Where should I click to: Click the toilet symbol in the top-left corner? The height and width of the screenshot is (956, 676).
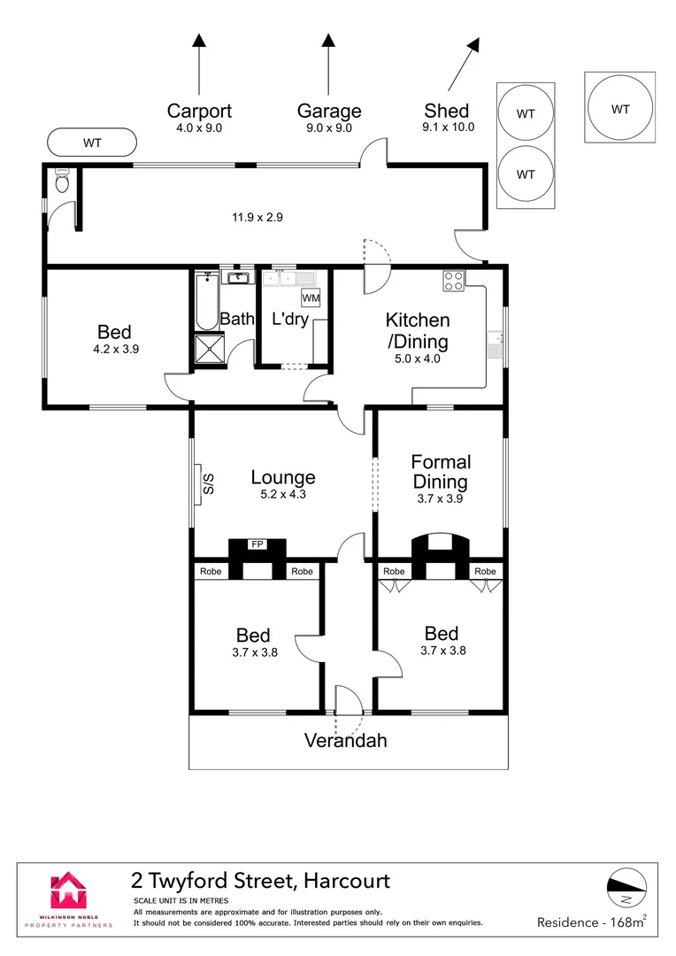click(x=62, y=181)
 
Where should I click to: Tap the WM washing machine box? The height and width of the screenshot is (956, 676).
click(x=311, y=298)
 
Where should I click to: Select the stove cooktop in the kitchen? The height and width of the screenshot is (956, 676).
click(x=454, y=281)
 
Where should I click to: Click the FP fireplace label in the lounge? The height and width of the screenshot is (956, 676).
click(x=257, y=544)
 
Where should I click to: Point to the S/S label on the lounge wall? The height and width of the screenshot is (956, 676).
click(x=209, y=484)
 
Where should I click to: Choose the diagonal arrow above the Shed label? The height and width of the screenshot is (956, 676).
click(x=464, y=64)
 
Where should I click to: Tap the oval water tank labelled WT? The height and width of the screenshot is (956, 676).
click(x=92, y=143)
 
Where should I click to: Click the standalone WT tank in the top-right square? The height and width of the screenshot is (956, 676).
click(x=620, y=108)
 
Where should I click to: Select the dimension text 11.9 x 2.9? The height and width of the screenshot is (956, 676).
click(x=257, y=217)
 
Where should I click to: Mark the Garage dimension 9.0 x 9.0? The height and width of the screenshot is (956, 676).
click(x=329, y=128)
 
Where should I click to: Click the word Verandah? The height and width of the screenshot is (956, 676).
click(x=346, y=741)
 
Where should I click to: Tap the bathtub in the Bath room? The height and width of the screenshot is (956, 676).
click(x=207, y=301)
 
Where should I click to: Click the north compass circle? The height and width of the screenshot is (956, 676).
click(x=626, y=887)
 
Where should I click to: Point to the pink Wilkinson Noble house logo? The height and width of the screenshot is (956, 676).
click(x=68, y=890)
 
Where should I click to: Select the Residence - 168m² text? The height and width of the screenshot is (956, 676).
click(x=592, y=921)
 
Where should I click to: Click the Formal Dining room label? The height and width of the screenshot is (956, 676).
click(x=441, y=472)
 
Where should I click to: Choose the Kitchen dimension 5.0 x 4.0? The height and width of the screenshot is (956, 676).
click(x=418, y=359)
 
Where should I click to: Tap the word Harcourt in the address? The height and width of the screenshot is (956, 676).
click(x=347, y=881)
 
